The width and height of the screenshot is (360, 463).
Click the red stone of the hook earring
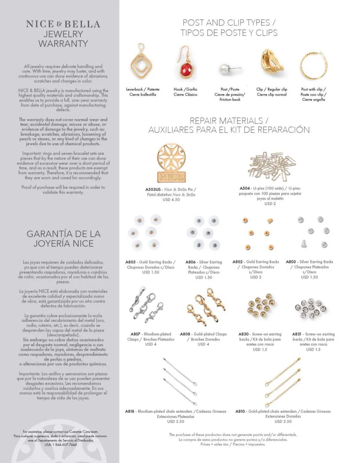click(x=186, y=71)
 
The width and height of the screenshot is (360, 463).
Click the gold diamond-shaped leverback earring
click(x=143, y=64)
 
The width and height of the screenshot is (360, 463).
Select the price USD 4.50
click(x=168, y=200)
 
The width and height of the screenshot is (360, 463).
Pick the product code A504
click(x=245, y=188)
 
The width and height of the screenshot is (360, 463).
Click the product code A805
click(x=131, y=262)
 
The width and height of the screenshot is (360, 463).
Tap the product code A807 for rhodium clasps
click(x=135, y=334)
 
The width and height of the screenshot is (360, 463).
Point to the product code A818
click(x=130, y=411)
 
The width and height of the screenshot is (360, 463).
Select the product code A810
click(x=240, y=411)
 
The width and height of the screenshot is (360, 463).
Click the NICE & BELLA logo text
click(x=63, y=24)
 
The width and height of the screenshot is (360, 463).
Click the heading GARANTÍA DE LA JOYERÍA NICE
click(x=63, y=239)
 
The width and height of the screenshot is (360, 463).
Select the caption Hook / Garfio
click(x=185, y=89)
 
